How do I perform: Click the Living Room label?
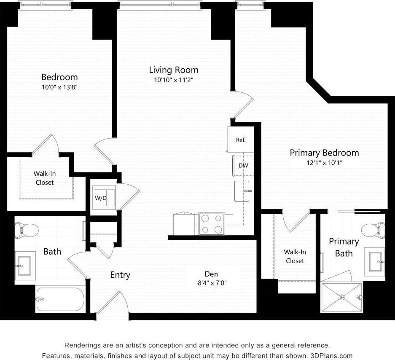tap(173, 70)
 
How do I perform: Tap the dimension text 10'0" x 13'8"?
tap(59, 87)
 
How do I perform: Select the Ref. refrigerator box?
tap(241, 140)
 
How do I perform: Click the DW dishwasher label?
tap(243, 166)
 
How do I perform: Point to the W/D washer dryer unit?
tap(101, 197)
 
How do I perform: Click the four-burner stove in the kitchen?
tap(212, 224)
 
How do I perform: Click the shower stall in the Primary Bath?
tap(341, 297)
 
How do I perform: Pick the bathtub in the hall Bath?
tap(60, 299)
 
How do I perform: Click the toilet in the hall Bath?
tap(26, 230)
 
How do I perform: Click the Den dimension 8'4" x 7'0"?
tap(212, 283)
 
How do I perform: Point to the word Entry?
tap(120, 275)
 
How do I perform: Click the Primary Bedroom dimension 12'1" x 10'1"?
tap(324, 163)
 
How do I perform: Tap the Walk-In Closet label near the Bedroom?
tap(44, 178)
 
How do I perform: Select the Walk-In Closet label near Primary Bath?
tap(295, 256)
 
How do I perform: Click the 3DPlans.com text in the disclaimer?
tap(331, 355)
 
